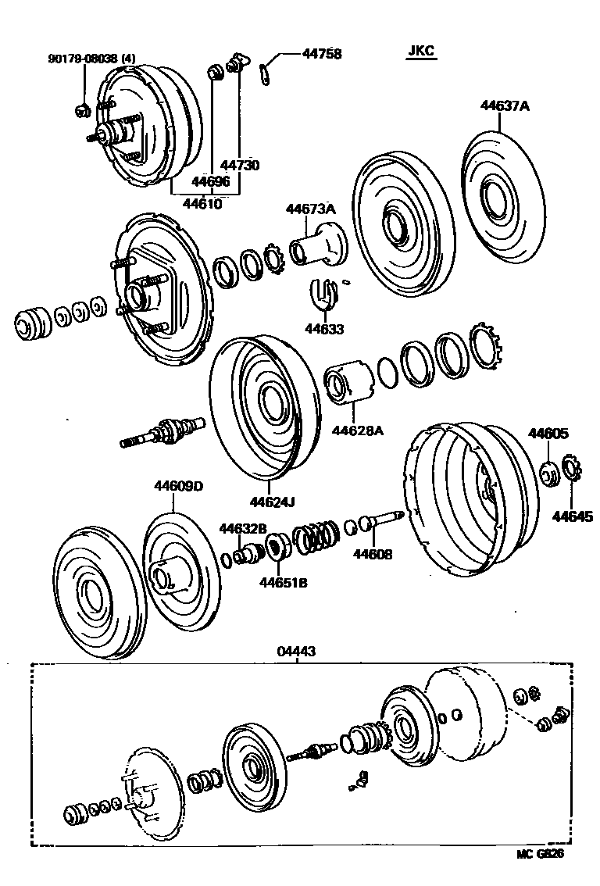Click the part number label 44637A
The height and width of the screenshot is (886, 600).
(x=505, y=107)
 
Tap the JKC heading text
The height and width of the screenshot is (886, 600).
(x=421, y=52)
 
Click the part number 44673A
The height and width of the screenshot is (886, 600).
(x=310, y=209)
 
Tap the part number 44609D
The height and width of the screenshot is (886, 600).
(x=177, y=487)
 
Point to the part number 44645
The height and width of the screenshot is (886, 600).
(x=573, y=516)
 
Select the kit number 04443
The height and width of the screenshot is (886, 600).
(x=296, y=651)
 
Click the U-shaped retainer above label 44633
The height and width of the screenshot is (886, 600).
(x=325, y=291)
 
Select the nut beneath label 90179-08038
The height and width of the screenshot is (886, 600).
(x=82, y=109)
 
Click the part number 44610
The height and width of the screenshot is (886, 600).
(x=202, y=204)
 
